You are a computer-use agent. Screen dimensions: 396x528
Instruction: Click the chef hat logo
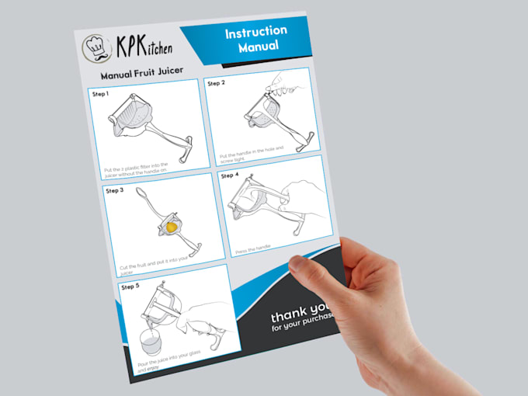click(x=96, y=48)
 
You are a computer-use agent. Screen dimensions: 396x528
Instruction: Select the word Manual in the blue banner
click(x=259, y=49)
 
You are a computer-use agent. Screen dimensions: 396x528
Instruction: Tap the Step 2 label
click(x=216, y=83)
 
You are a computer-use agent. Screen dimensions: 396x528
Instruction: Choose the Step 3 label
click(x=113, y=189)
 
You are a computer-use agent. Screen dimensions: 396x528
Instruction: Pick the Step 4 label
click(x=230, y=175)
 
